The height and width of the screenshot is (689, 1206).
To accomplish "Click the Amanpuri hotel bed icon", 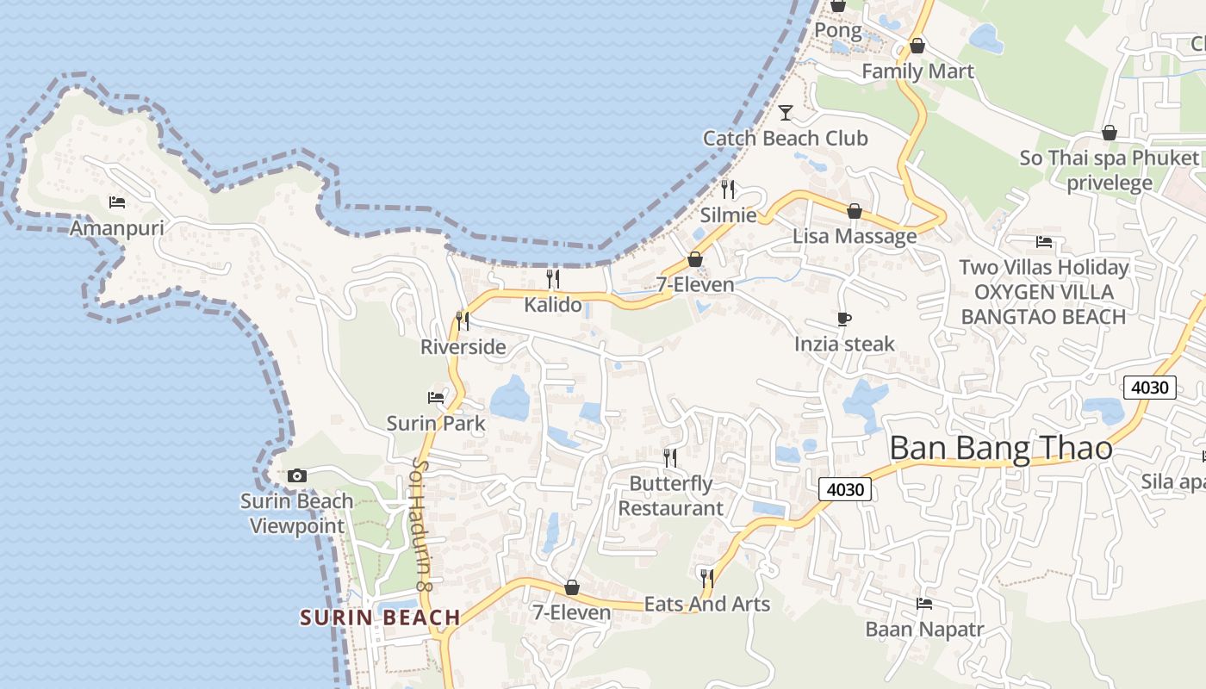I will coord(117,202).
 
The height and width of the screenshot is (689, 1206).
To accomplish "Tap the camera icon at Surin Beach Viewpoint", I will coord(297,475).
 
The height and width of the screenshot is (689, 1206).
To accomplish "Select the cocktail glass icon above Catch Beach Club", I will coord(786,112).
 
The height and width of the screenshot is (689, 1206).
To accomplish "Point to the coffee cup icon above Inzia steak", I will coord(844,320).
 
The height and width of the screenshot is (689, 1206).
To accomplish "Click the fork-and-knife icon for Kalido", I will coord(553,278).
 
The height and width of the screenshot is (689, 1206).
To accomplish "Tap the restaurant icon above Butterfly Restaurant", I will coord(670,457).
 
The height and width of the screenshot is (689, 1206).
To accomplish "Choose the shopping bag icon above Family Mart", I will coord(917,46).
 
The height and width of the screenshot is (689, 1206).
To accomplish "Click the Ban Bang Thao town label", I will coord(1000,449).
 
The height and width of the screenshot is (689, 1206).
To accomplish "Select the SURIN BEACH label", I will coord(380,618).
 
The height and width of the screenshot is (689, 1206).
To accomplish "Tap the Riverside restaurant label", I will coord(463,347).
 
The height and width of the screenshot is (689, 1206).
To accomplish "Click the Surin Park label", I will coord(436,424).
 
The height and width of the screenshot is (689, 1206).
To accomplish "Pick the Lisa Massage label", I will coord(855,236).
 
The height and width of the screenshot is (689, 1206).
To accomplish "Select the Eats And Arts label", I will coord(707,604).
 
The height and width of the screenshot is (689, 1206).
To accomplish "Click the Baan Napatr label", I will coord(924,630).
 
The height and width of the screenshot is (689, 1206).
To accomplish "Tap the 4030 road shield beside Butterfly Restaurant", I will coord(845,489).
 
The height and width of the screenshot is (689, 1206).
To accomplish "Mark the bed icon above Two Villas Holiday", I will coord(1044,242).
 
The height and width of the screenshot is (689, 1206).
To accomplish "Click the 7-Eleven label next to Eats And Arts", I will coord(571,612).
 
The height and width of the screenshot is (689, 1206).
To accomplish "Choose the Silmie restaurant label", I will coord(729,215).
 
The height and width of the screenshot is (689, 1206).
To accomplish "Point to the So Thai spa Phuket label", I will coord(1110,158).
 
